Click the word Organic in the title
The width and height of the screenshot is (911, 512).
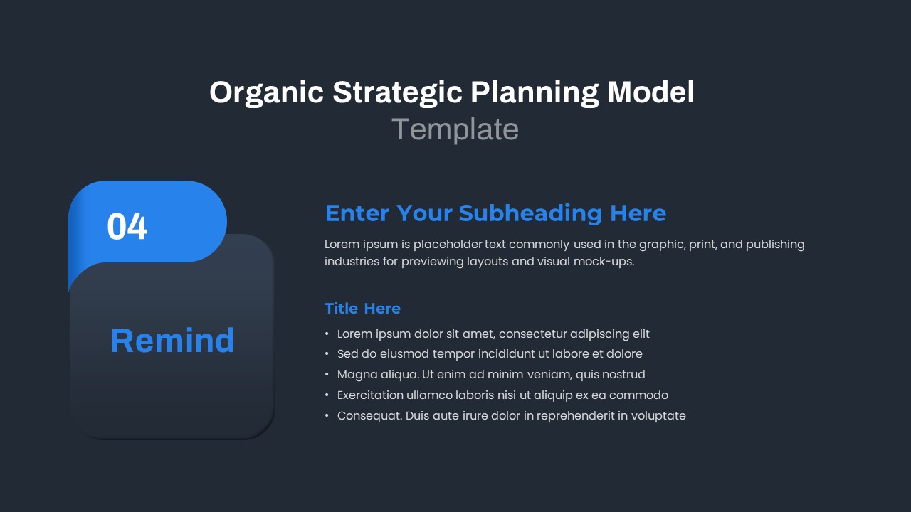point(266,93)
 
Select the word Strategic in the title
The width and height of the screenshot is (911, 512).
point(397,93)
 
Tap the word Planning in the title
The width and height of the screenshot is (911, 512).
point(535,93)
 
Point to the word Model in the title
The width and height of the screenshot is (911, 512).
point(651,92)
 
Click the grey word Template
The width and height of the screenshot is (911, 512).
point(455,129)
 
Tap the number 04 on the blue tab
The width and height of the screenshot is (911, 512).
point(127,226)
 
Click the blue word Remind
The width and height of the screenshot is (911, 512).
point(172,340)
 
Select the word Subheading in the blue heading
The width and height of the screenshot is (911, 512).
point(530,213)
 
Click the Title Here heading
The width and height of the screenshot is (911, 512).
point(362,309)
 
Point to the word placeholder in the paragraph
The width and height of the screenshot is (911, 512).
point(448,245)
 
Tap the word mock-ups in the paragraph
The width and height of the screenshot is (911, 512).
point(604,262)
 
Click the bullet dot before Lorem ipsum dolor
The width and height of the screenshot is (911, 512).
point(327,334)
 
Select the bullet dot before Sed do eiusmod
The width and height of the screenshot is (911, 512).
point(327,354)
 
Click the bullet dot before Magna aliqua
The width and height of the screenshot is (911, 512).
point(327,375)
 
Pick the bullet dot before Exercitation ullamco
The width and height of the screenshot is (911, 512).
point(327,395)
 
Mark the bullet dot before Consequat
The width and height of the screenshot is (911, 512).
point(327,416)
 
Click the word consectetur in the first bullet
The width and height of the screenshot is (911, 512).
point(532,334)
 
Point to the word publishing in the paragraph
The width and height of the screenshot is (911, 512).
point(775,245)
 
